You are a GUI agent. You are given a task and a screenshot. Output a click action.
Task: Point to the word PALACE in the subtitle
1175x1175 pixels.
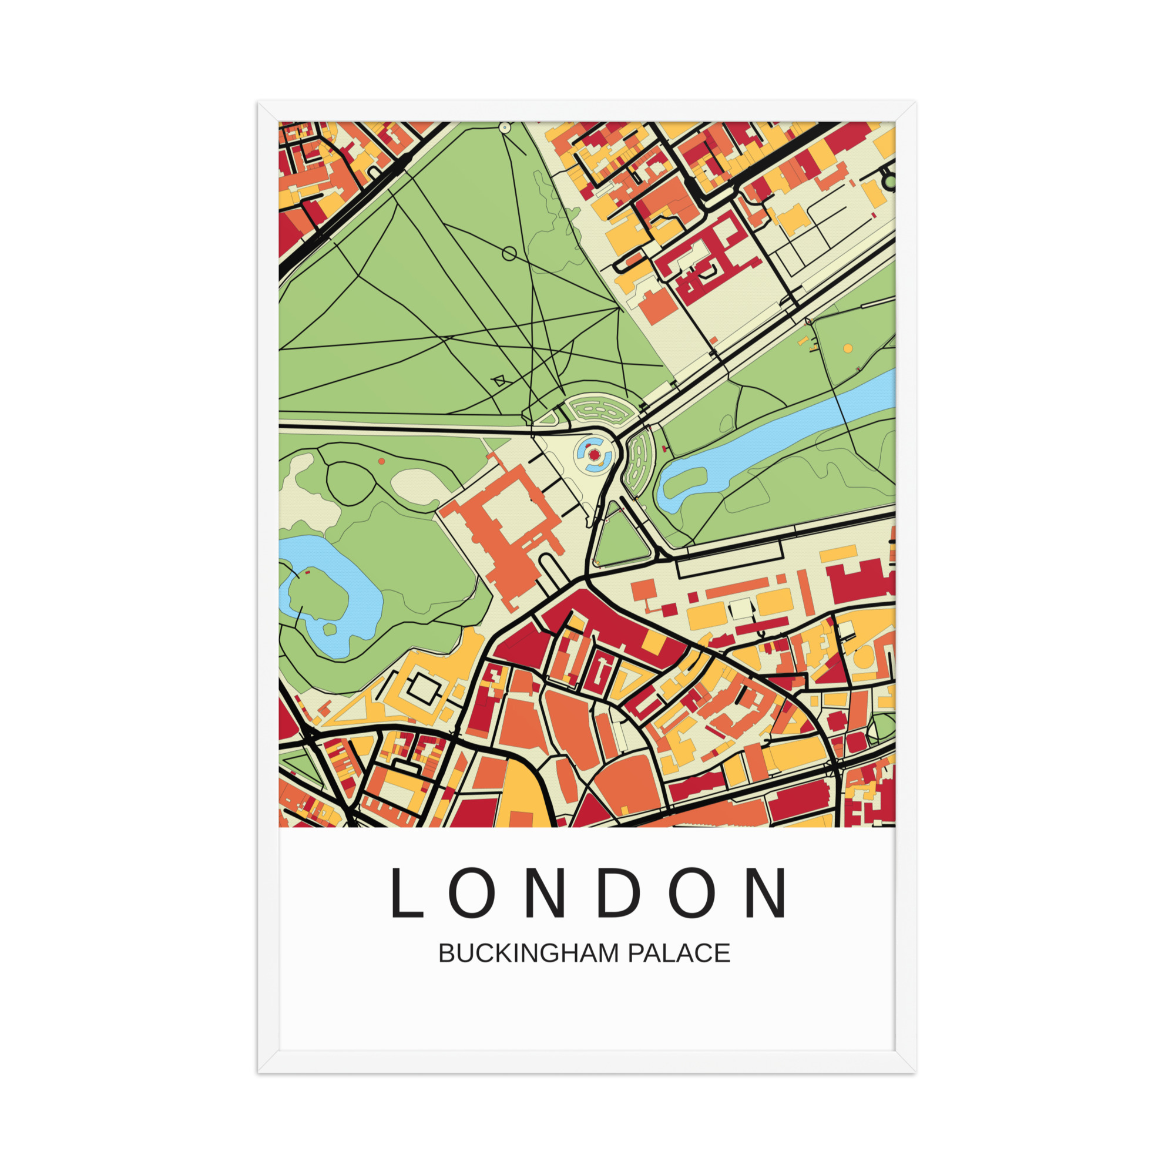tap(679, 953)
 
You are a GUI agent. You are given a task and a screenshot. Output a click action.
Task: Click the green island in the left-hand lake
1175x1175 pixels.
tap(316, 593)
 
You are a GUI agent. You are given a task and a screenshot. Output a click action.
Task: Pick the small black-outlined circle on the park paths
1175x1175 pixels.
tap(509, 254)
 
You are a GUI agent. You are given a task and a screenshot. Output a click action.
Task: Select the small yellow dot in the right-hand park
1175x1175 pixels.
tap(848, 348)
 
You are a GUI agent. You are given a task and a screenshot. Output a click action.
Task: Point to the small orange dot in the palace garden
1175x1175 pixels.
tap(381, 462)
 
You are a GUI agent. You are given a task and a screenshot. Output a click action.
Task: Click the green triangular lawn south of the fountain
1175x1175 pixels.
tap(622, 538)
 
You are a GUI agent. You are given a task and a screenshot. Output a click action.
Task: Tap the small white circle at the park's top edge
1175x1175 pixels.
tap(505, 127)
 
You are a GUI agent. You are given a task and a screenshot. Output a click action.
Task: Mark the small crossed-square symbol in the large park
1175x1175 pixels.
tap(499, 381)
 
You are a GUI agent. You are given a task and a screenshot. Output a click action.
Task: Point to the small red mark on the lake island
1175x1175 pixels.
tap(307, 572)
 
